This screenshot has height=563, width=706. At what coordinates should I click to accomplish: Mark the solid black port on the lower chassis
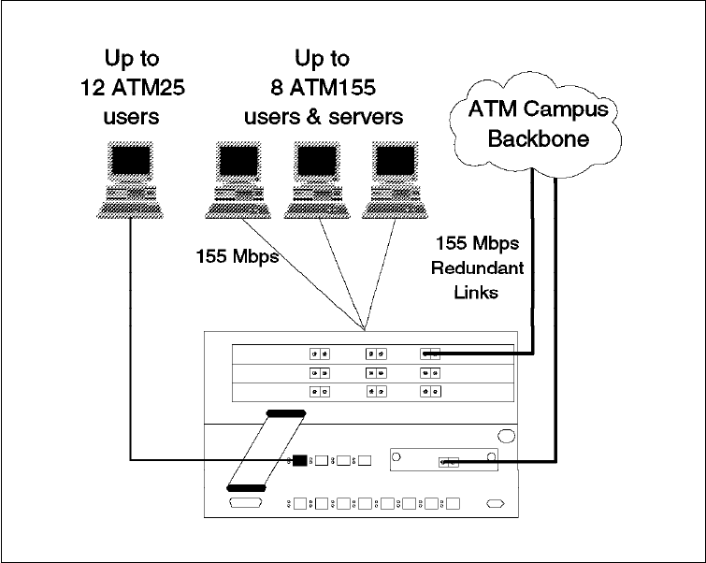point(299,460)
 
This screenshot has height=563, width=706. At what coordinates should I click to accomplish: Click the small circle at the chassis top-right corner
point(505,436)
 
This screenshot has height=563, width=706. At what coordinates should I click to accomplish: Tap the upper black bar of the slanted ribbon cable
point(286,412)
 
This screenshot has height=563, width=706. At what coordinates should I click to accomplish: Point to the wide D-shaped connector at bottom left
point(247,505)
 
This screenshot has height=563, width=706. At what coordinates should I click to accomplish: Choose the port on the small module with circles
point(448,461)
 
